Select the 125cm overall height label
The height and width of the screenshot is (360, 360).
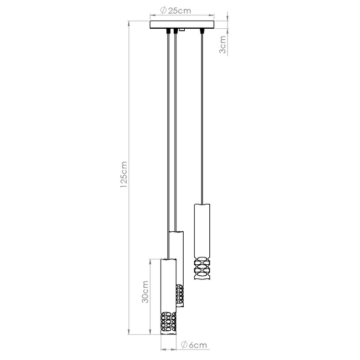(x=123, y=174)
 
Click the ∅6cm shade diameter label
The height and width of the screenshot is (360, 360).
(x=194, y=345)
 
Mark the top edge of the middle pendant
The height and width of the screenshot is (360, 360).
(x=176, y=231)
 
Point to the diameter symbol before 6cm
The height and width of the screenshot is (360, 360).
(x=184, y=345)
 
